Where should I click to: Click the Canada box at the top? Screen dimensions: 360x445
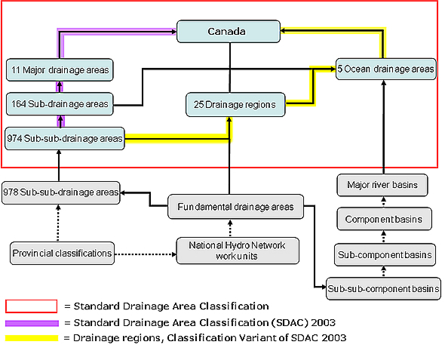227,32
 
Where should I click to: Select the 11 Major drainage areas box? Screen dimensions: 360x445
60,70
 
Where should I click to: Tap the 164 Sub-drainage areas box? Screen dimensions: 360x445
60,103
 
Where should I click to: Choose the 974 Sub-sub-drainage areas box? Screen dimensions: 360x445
65,138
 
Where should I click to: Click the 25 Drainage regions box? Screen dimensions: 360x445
230,104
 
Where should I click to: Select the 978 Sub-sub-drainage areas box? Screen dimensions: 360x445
60,192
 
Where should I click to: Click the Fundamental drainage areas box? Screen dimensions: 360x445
235,206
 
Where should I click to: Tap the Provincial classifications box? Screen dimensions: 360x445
62,252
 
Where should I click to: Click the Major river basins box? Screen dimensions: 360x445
384,184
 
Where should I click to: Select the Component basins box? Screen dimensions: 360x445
384,220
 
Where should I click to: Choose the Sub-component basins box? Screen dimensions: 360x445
384,254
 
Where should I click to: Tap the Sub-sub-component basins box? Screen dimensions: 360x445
384,288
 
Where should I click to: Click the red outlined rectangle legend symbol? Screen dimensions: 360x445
31,306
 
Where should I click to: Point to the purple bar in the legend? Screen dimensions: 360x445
31,322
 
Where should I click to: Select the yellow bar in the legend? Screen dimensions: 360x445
31,337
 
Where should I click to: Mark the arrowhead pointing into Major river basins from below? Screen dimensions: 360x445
384,200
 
